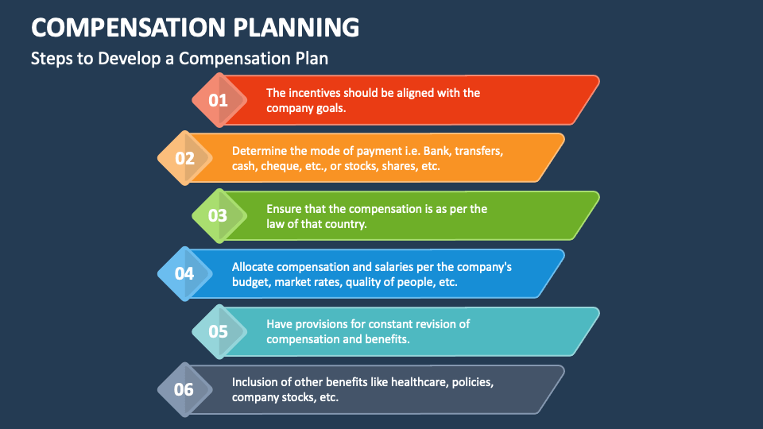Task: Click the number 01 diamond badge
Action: (x=218, y=100)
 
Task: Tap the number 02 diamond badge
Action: (x=184, y=158)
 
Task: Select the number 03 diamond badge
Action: (x=218, y=216)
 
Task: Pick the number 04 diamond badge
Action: (x=184, y=274)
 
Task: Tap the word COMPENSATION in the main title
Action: (x=126, y=27)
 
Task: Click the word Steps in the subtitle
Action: (x=50, y=59)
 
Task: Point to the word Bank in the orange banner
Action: (x=436, y=151)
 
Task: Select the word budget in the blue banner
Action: (x=250, y=282)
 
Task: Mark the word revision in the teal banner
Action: (x=434, y=324)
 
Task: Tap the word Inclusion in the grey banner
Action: (x=256, y=382)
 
